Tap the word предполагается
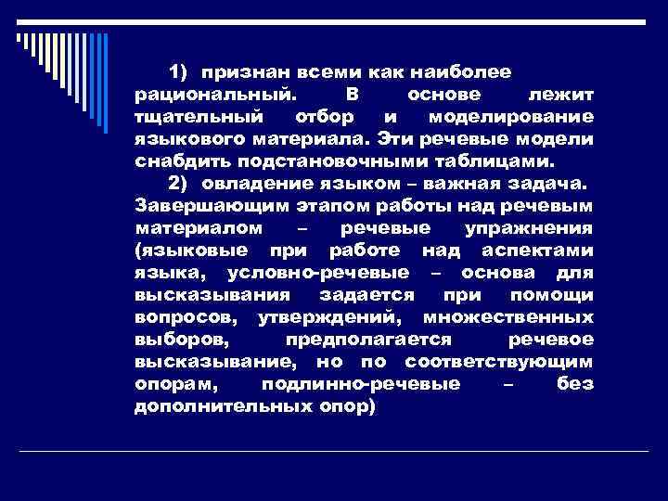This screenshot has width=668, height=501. [368, 340]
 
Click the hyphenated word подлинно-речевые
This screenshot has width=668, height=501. [361, 384]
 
